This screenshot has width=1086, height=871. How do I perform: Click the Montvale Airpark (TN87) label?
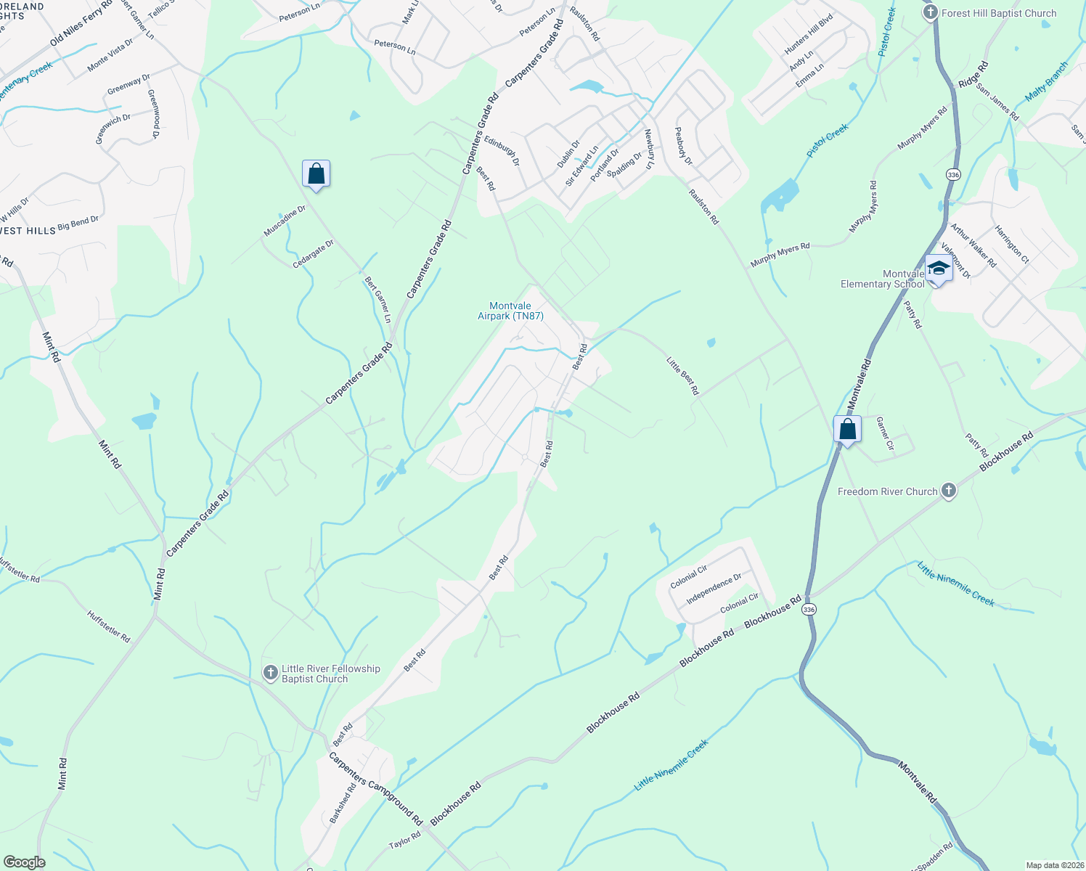pyautogui.click(x=510, y=311)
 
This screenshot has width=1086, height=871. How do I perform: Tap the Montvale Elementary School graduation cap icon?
pyautogui.click(x=938, y=269)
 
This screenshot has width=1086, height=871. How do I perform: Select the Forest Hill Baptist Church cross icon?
pyautogui.click(x=931, y=13)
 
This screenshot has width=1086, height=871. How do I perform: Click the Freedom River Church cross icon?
pyautogui.click(x=948, y=491)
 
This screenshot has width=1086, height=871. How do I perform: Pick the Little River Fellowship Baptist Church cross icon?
pyautogui.click(x=270, y=673)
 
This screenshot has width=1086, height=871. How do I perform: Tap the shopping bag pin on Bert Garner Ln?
pyautogui.click(x=316, y=174)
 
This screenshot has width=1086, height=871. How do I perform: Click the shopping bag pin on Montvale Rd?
pyautogui.click(x=847, y=430)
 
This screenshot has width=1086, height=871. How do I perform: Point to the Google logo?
pyautogui.click(x=24, y=862)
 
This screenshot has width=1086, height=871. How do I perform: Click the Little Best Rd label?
pyautogui.click(x=683, y=375)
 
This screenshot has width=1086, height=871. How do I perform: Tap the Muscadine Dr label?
pyautogui.click(x=285, y=221)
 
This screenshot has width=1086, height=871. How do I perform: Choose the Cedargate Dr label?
pyautogui.click(x=313, y=254)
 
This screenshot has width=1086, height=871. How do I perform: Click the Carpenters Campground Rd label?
pyautogui.click(x=375, y=788)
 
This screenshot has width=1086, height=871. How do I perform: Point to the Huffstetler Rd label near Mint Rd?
pyautogui.click(x=109, y=626)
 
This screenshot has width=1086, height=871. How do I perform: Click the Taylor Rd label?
pyautogui.click(x=404, y=841)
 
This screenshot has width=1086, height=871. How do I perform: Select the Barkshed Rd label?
pyautogui.click(x=343, y=803)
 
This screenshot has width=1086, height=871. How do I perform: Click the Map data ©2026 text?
pyautogui.click(x=1054, y=865)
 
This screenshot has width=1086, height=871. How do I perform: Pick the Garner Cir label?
pyautogui.click(x=884, y=433)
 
